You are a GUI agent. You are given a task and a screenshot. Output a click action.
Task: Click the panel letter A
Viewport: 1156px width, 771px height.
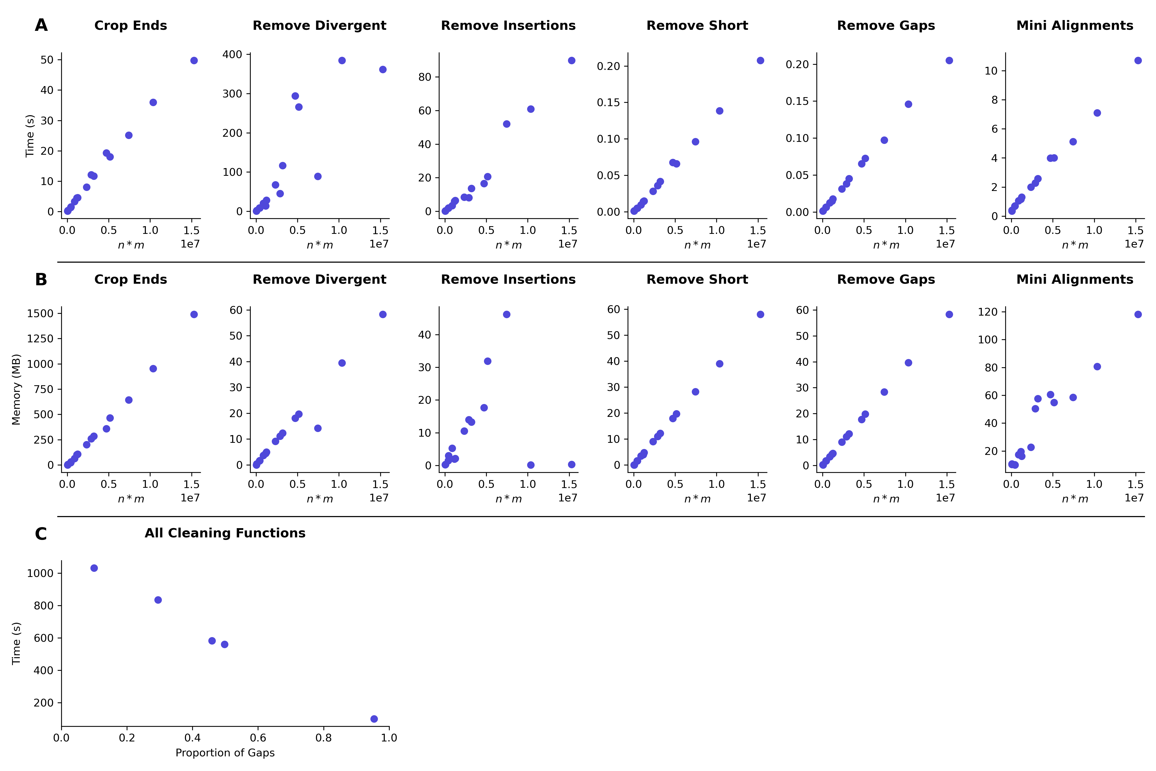[41, 25]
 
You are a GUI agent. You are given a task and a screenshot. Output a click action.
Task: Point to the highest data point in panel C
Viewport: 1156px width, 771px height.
[94, 568]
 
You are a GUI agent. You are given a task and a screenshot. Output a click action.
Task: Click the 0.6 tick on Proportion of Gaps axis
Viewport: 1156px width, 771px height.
[258, 738]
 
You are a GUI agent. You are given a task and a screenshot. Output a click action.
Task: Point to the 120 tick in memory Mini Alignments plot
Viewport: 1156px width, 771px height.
[988, 312]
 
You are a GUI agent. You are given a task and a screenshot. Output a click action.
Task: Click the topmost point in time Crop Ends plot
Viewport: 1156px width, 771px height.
[194, 60]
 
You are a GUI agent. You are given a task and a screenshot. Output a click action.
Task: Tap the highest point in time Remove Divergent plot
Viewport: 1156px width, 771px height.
[342, 60]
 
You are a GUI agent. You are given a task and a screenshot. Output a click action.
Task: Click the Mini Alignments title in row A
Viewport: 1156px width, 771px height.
[1075, 25]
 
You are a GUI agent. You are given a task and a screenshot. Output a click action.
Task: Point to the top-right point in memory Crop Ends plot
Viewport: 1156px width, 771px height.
[194, 314]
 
